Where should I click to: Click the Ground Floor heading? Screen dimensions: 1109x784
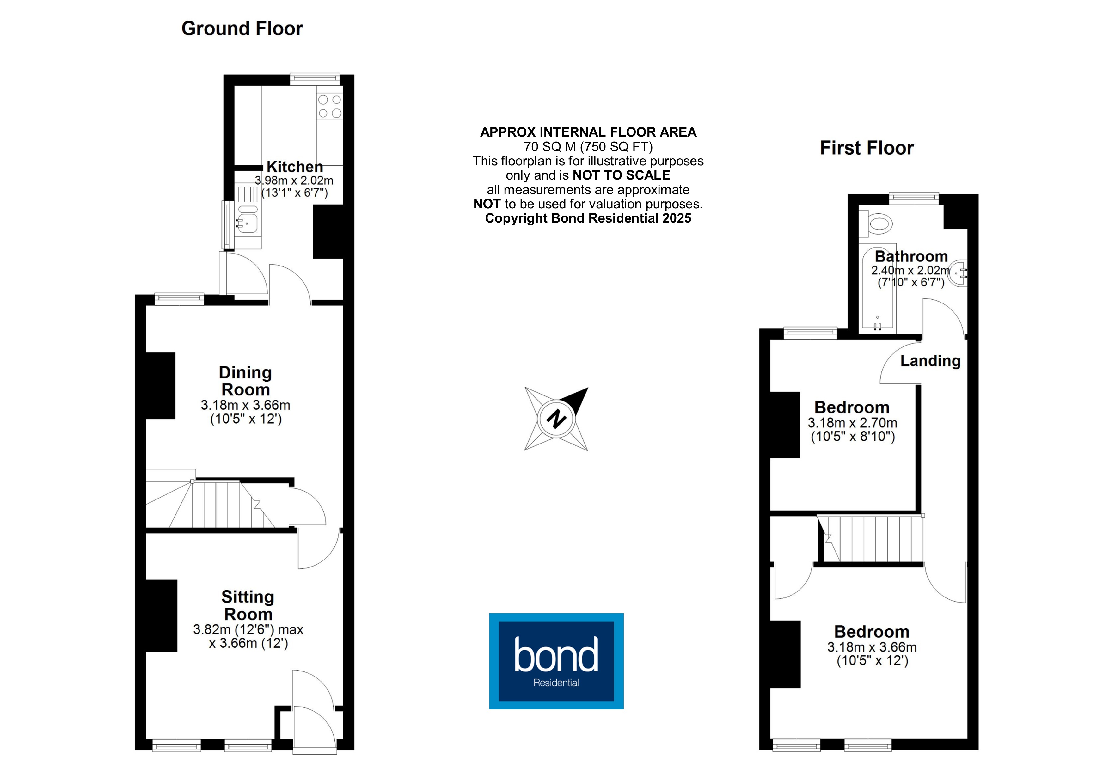pos(242,28)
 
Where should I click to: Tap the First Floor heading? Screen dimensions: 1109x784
pos(867,148)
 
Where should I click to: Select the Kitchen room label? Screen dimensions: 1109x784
pos(295,167)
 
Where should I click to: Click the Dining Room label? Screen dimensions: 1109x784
pos(245,381)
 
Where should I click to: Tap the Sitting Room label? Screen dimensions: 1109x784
pos(248,606)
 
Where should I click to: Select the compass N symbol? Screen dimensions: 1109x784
pos(556,419)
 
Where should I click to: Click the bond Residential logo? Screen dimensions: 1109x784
pos(556,661)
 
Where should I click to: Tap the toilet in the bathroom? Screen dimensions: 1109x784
pos(876,225)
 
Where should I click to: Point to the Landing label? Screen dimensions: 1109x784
pos(930,361)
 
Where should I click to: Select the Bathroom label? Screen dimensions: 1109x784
pos(911,256)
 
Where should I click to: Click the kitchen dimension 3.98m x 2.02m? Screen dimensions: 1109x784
pos(294,181)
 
